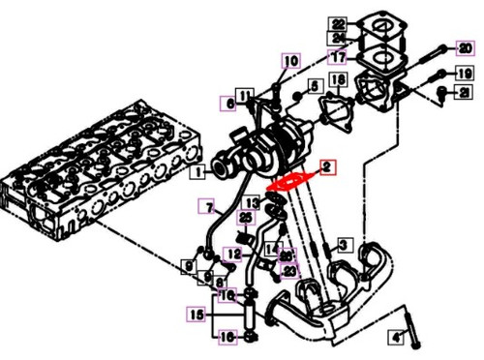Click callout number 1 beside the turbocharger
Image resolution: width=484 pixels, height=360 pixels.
(x=197, y=173)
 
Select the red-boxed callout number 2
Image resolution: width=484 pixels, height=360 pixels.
(x=328, y=166)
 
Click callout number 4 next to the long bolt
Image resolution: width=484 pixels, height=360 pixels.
(x=395, y=337)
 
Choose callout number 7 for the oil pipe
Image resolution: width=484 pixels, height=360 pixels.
(x=205, y=204)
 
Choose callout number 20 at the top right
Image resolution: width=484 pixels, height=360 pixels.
(x=463, y=46)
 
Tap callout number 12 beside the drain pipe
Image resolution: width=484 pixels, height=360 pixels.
(x=233, y=255)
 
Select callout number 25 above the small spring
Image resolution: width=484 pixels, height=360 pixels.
(x=244, y=217)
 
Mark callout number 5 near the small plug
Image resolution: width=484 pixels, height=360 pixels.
(x=314, y=86)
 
